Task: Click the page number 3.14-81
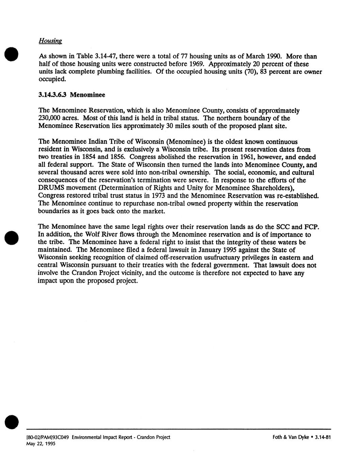point(323,437)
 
